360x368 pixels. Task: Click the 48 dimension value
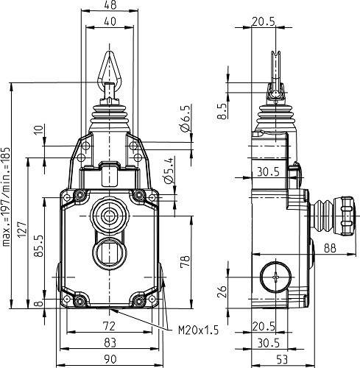110,5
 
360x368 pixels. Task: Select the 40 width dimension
110,22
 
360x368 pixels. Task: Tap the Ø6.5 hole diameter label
186,119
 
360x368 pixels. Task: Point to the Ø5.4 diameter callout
169,170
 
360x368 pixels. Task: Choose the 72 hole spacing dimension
108,325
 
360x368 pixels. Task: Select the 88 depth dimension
329,249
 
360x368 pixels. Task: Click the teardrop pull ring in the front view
110,68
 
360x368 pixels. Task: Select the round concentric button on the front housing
110,216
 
